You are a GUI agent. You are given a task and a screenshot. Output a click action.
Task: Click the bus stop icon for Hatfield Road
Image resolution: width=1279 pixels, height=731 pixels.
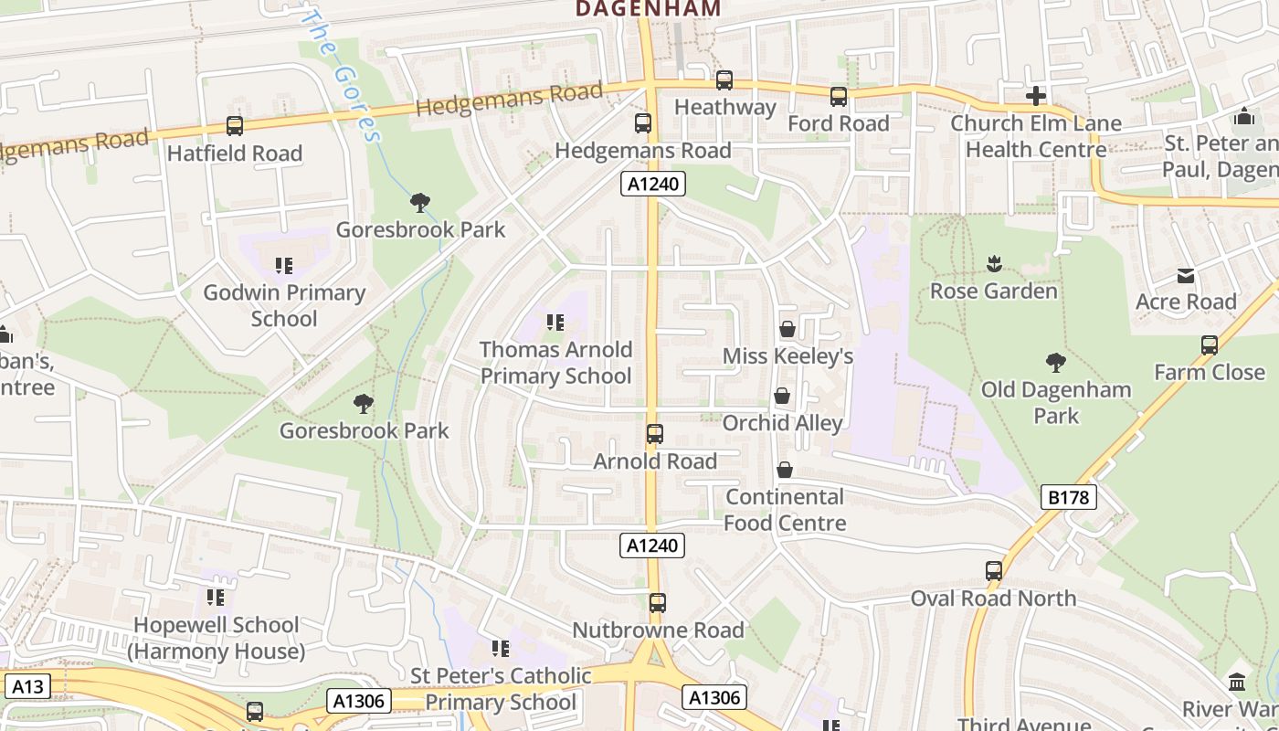235,126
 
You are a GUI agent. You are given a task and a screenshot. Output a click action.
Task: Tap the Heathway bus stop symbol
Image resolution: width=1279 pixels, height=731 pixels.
724,80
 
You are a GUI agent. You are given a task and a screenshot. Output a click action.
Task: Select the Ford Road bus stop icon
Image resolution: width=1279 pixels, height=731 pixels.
839,97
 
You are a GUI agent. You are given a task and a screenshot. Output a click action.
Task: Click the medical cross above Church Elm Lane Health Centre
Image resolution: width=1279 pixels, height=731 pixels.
1035,96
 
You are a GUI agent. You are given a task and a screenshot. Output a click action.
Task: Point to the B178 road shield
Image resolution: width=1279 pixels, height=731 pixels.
1068,498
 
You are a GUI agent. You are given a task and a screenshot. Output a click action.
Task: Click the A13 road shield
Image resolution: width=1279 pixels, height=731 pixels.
26,686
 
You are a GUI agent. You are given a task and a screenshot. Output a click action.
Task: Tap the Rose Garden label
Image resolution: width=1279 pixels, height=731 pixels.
993,291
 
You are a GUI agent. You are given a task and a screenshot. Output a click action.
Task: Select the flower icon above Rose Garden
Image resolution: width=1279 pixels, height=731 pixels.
994,265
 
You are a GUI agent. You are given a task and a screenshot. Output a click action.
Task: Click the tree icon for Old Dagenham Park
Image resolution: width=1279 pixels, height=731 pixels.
1056,363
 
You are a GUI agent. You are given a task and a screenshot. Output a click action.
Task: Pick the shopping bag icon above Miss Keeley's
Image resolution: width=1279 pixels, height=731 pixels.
787,329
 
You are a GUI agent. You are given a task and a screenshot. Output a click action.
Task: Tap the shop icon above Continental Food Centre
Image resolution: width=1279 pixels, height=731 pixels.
784,470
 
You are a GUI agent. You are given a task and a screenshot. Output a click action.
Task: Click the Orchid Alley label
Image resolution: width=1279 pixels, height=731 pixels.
782,423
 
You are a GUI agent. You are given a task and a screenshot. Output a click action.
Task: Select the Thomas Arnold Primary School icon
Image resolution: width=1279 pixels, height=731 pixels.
555,323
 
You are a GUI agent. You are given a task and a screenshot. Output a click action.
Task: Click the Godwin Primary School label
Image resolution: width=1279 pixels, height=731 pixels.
284,305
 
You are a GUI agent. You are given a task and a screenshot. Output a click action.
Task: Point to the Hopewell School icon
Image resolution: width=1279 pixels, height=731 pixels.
216,598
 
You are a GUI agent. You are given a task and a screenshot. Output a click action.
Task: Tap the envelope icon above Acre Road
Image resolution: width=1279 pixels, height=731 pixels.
1186,276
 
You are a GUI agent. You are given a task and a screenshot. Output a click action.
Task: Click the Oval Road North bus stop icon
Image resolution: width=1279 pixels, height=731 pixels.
994,571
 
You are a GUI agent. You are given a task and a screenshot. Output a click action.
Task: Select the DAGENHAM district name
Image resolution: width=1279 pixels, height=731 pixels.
648,9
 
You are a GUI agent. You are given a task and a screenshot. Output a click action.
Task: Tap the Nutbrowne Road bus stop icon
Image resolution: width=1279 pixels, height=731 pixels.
658,603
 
